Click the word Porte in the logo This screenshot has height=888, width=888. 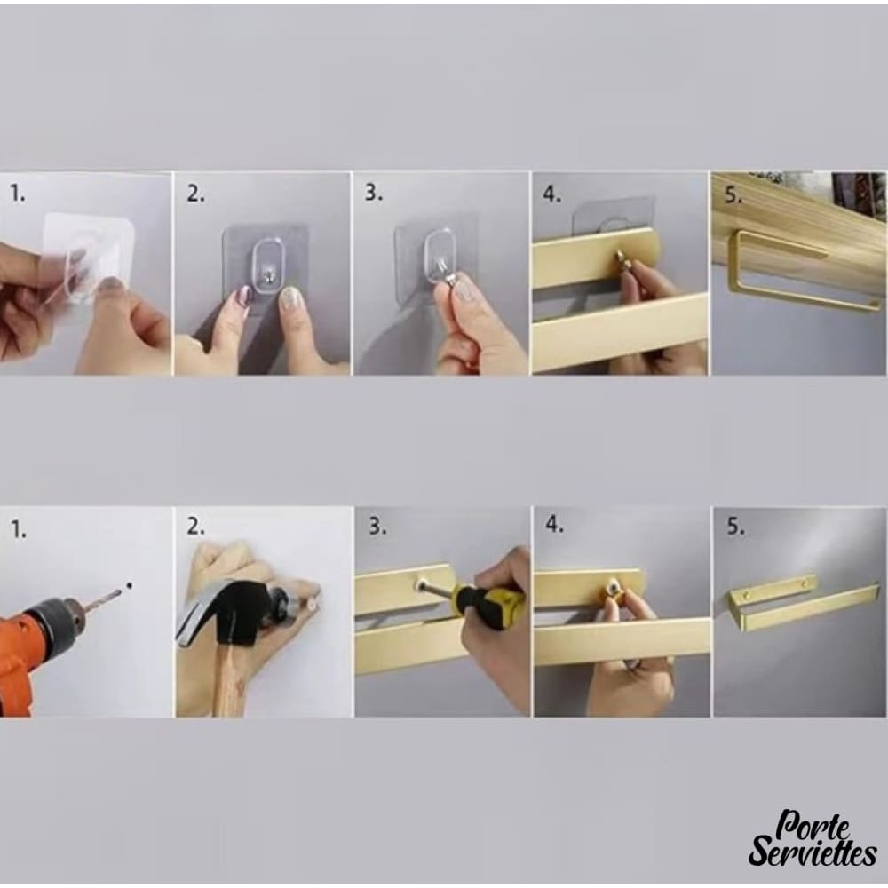[x=813, y=826]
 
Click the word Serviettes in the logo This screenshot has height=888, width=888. [x=813, y=852]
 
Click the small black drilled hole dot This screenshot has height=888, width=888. [x=129, y=585]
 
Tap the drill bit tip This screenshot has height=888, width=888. [x=120, y=591]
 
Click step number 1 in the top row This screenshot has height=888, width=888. [x=18, y=194]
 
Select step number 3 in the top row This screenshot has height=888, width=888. [x=373, y=193]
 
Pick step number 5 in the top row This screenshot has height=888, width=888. [x=733, y=195]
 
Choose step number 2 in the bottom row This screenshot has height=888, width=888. [x=195, y=527]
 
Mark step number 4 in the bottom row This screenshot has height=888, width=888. [x=554, y=525]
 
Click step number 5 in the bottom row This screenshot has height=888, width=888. [x=735, y=527]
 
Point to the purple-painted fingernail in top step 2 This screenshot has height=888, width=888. [x=245, y=296]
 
